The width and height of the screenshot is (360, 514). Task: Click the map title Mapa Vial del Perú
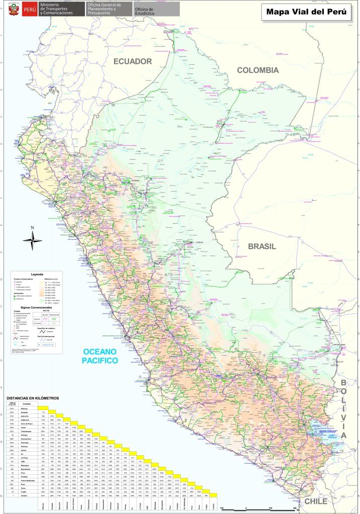tap(306, 12)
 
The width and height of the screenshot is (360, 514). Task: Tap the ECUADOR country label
tap(132, 61)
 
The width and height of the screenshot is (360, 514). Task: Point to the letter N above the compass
tap(33, 228)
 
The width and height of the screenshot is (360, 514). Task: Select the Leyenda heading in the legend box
tap(38, 274)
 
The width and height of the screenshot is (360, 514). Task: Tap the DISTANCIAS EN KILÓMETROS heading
tap(32, 398)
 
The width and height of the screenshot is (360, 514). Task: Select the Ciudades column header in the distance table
tap(27, 404)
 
